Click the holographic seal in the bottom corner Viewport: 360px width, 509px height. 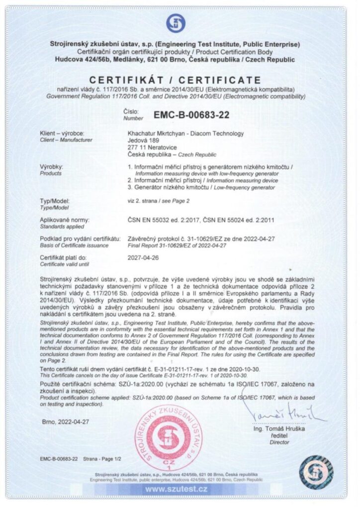coord(315,470)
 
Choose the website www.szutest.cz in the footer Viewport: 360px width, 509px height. coord(177,490)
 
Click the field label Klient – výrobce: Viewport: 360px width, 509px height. coord(62,134)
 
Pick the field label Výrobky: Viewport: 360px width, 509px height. coord(51,167)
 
